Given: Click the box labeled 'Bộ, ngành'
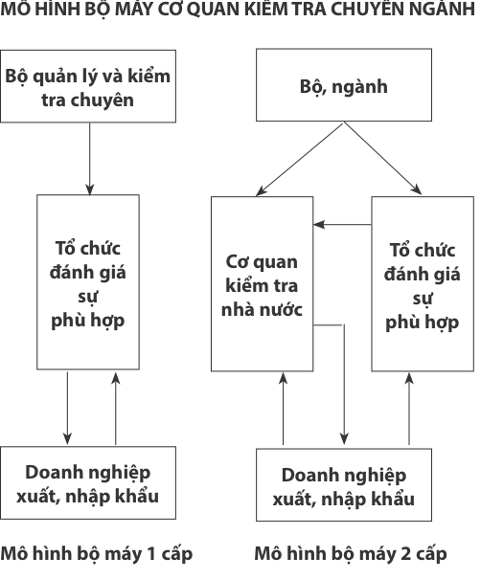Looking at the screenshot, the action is coord(344,85).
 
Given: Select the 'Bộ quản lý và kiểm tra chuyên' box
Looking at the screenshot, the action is coord(88,86).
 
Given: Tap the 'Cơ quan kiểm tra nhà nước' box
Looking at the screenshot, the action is coord(263,283).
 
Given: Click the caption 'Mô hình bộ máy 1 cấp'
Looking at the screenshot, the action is coord(97,554).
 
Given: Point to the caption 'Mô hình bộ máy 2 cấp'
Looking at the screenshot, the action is coord(351,554).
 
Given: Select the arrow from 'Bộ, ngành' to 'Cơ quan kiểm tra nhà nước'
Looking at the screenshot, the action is coord(300,159).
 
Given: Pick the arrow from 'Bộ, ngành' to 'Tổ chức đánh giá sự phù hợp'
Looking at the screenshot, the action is coord(383,159).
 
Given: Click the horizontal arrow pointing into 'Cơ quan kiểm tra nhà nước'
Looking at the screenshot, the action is coord(342,224).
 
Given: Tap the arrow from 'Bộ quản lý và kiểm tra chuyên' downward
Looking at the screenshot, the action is coord(89,159).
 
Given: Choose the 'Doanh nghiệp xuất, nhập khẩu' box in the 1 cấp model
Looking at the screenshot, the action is coord(88,483).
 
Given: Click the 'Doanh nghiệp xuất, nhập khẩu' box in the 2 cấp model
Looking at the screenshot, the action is coord(344,485).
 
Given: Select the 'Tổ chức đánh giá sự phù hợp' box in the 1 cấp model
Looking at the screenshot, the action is coord(88,282).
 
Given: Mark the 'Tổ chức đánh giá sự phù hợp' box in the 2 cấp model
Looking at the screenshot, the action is coord(423,283).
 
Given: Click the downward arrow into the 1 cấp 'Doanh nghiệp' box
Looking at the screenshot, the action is coord(67,408).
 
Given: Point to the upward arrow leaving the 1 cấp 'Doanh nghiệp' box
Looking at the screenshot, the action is coord(116,409).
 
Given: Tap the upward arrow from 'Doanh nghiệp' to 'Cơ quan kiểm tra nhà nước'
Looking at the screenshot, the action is coord(284,409).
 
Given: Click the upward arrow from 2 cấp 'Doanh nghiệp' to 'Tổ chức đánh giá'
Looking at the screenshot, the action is coord(409,409).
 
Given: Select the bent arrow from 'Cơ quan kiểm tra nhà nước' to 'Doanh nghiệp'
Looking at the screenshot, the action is coord(344,369).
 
